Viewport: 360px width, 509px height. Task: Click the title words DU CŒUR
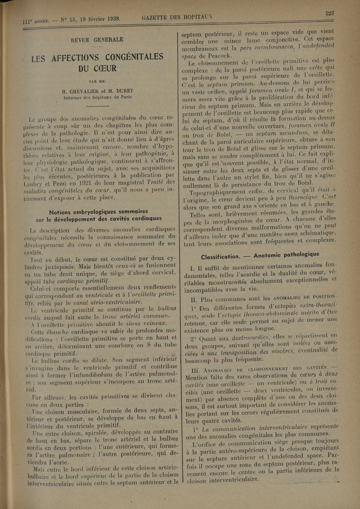tap(95, 70)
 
